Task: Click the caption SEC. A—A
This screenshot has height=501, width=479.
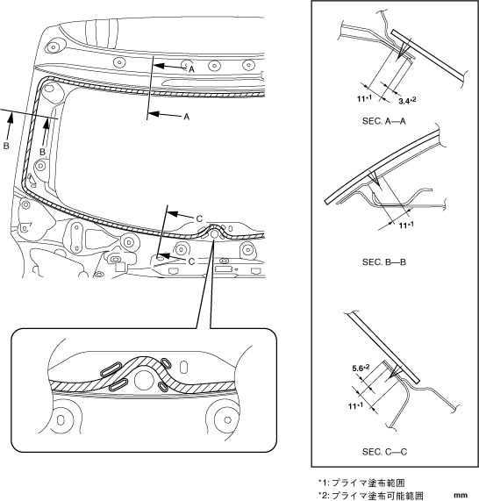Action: point(383,121)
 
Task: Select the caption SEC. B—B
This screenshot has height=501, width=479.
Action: point(383,262)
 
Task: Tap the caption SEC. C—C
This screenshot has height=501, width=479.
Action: point(384,452)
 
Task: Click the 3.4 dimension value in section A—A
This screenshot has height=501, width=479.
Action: point(407,101)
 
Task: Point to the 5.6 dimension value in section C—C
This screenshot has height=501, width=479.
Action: point(361,369)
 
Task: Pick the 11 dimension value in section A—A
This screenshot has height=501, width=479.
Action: point(364,98)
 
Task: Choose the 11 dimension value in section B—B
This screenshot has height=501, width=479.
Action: point(406,225)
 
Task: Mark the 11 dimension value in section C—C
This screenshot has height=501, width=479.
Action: point(355,405)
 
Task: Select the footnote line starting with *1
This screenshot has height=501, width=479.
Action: point(361,483)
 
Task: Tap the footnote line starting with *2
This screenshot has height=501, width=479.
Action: point(370,495)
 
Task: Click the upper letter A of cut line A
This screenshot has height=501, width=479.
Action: point(191,69)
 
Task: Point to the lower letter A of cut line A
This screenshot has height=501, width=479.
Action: point(187,117)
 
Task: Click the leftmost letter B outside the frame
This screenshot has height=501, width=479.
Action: point(6,146)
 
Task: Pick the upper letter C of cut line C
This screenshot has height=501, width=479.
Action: point(199,218)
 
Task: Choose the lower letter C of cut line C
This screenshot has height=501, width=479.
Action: point(191,261)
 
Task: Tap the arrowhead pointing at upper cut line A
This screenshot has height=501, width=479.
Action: point(159,66)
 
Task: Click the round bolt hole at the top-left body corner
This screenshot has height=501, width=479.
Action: point(53,47)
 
